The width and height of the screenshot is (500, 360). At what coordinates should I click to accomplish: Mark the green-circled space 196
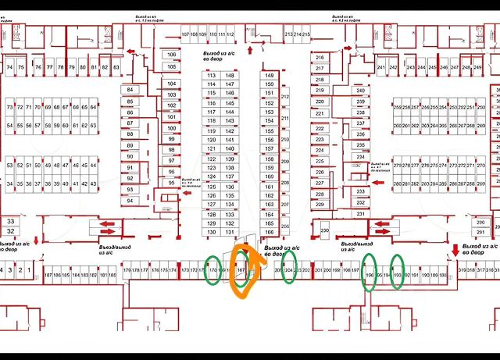click(x=370, y=275)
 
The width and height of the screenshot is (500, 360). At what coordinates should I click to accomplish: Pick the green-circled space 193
click(x=398, y=275)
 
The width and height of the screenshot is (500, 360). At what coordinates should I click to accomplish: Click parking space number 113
click(x=212, y=75)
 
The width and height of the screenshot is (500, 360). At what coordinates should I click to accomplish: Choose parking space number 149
click(x=270, y=75)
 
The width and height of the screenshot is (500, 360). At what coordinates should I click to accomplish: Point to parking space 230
click(x=325, y=230)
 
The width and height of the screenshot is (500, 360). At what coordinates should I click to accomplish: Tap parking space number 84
click(x=130, y=90)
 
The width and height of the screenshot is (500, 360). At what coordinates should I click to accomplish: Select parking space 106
click(x=172, y=55)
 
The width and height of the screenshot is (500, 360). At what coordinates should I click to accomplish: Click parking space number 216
click(x=320, y=58)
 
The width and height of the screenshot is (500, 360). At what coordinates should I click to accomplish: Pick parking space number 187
click(x=48, y=275)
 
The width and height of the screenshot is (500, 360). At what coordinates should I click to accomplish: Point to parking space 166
click(x=270, y=232)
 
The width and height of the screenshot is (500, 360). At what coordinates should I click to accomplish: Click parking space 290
click(x=479, y=223)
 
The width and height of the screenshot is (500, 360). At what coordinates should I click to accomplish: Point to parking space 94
click(x=130, y=201)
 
